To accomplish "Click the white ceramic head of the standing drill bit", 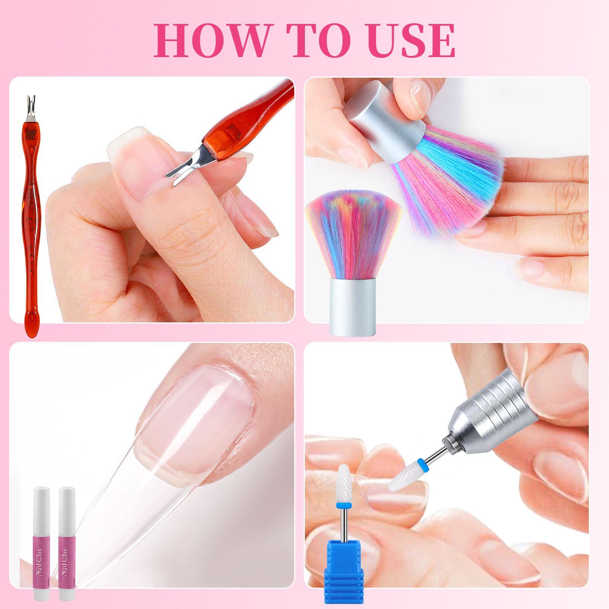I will tap(343, 481).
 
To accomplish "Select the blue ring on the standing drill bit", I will tap(343, 505).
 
